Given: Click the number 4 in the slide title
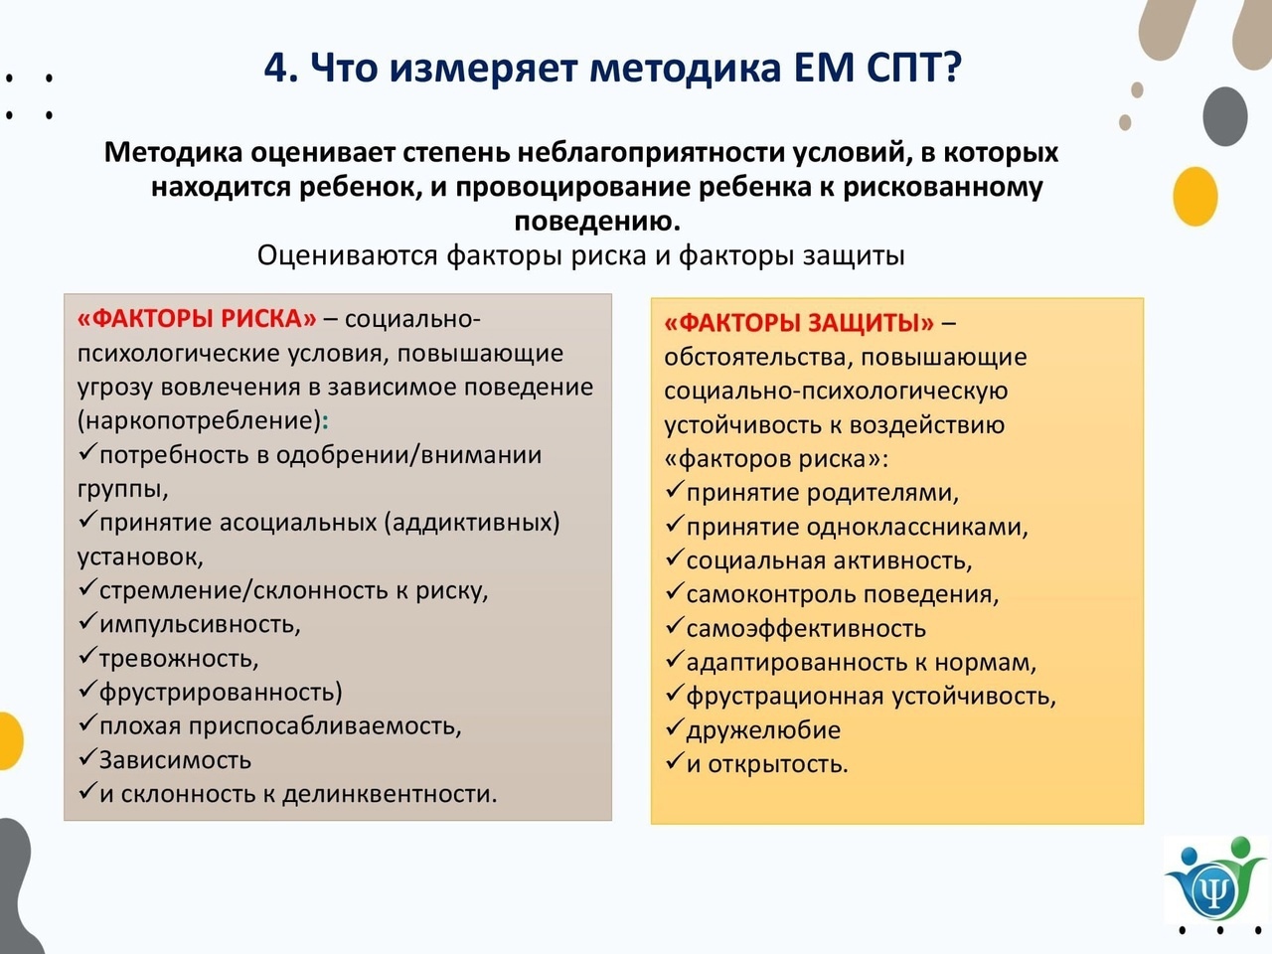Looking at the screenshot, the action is [x=276, y=68].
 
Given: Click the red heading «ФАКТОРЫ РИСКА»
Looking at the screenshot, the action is [x=197, y=319].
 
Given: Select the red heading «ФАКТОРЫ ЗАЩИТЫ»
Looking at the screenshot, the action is [x=799, y=323].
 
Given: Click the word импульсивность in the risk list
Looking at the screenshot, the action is [x=200, y=624].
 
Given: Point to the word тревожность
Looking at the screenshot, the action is [x=179, y=659].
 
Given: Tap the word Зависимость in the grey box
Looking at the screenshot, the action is [x=175, y=760].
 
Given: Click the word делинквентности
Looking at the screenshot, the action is [x=390, y=794].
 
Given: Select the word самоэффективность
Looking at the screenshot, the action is [x=806, y=628].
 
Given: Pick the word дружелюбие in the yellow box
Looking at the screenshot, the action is [x=763, y=730].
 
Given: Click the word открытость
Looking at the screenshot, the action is [x=778, y=764].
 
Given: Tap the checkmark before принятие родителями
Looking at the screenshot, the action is [x=674, y=490].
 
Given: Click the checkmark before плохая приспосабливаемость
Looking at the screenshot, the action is [x=86, y=722].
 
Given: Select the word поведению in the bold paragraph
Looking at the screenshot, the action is [x=597, y=222].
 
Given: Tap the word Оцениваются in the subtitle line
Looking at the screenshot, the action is [x=347, y=255].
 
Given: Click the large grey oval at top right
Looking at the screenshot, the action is [x=1225, y=116].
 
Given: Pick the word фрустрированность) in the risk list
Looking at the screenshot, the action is [x=221, y=693].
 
